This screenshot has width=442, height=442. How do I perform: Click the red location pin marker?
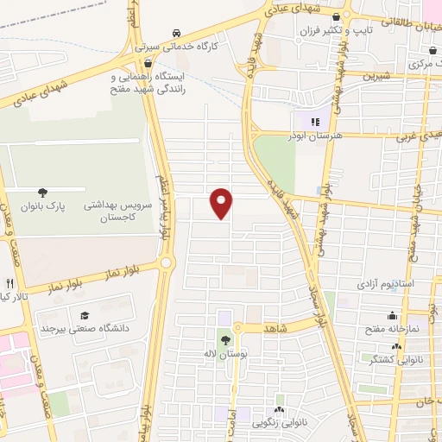coord(222,203)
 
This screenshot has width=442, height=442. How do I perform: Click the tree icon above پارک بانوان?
coord(41,192)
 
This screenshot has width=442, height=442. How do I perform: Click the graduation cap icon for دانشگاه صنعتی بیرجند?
coord(85,314)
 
